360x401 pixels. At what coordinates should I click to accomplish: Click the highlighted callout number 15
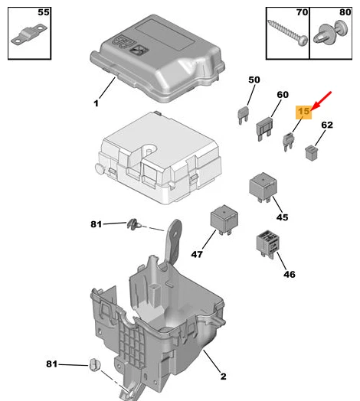coord(304,112)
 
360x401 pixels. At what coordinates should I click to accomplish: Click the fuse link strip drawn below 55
coord(28,37)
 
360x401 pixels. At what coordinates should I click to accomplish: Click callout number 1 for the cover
coord(97,103)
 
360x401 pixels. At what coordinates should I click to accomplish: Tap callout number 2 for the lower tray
coord(223,376)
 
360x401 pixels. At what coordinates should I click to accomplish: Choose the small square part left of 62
coord(312,152)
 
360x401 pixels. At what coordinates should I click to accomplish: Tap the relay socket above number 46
coord(267,243)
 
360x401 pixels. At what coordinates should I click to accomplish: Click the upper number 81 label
coord(97,224)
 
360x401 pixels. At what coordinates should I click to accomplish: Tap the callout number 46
coord(289,273)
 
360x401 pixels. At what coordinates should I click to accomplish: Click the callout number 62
coord(327,125)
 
